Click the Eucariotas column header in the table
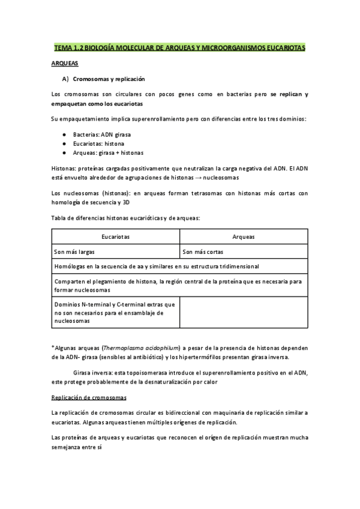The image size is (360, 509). point(115,237)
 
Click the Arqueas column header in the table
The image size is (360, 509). point(244,237)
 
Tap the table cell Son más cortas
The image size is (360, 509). point(202,252)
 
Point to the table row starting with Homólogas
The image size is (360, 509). point(156,267)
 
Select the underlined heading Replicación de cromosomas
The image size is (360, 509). point(88,397)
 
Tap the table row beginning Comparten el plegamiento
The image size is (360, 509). point(178,285)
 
